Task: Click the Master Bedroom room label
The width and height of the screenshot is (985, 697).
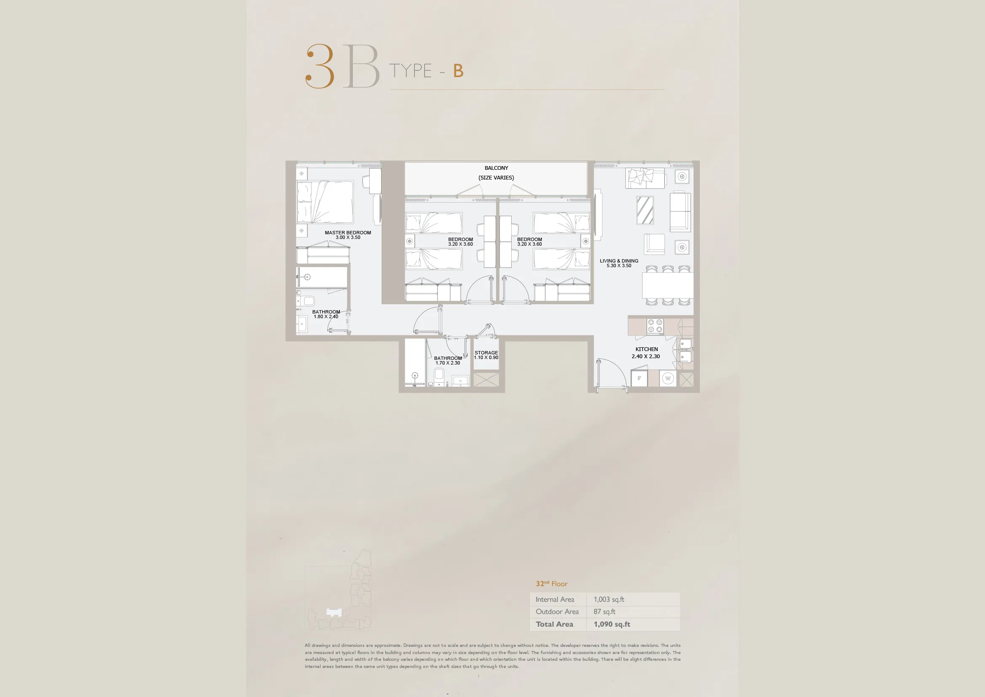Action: [x=347, y=233]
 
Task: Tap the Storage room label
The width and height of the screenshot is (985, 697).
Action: [x=486, y=353]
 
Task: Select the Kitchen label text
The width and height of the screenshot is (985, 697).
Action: [x=646, y=349]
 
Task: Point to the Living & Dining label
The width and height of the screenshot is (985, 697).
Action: [x=619, y=261]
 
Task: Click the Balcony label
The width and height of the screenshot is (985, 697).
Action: [x=497, y=168]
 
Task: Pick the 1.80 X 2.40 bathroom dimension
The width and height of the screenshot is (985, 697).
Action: [x=326, y=317]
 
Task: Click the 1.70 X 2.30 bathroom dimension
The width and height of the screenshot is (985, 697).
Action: [x=448, y=363]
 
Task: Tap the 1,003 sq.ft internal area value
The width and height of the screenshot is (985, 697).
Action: [x=609, y=599]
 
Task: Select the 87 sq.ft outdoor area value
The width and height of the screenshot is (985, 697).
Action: [x=604, y=611]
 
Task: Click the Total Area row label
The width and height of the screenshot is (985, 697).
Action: [x=554, y=624]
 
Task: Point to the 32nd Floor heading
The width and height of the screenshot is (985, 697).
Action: [x=551, y=584]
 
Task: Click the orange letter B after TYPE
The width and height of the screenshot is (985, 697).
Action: [x=458, y=71]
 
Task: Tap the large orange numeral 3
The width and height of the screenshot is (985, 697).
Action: [x=320, y=66]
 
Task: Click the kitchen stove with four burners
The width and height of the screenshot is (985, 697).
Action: [x=655, y=327]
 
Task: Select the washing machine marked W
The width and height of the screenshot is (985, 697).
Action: [x=667, y=378]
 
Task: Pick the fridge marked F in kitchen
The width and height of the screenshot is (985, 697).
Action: [x=639, y=378]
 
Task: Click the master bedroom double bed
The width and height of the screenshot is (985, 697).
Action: [x=325, y=202]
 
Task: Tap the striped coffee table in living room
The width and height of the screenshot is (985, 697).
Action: [x=645, y=210]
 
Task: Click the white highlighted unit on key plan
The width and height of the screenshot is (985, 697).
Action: [x=334, y=612]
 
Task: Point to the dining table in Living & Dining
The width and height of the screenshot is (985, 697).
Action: [x=667, y=285]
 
